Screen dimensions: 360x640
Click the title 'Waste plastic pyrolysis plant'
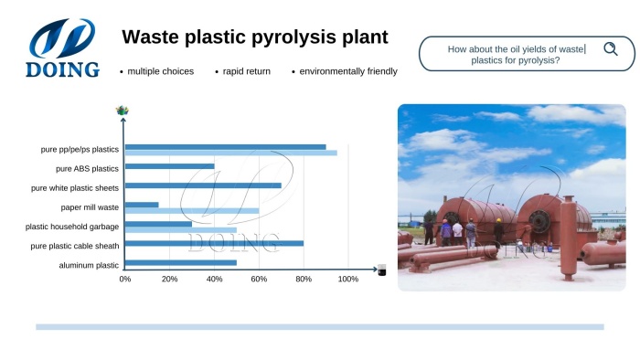click(x=255, y=37)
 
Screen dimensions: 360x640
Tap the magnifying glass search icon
click(x=610, y=49)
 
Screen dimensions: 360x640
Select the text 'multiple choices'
click(x=160, y=71)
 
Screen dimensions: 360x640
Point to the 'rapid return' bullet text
click(x=246, y=71)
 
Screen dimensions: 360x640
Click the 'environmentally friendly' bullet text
click(x=347, y=71)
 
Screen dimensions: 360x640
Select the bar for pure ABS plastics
click(x=170, y=167)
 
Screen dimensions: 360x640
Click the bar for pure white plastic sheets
click(x=203, y=185)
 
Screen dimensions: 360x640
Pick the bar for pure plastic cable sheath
click(x=214, y=244)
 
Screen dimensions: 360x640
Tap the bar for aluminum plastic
click(x=181, y=263)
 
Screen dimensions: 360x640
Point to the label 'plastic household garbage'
click(x=72, y=226)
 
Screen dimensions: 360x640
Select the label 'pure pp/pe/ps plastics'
click(x=80, y=148)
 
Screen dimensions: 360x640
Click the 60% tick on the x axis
click(x=259, y=279)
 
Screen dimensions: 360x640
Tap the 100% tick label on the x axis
click(x=348, y=279)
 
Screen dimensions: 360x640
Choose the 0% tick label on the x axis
click(x=125, y=279)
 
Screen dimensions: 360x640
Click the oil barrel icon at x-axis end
click(x=381, y=270)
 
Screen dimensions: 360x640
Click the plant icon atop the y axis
click(x=123, y=111)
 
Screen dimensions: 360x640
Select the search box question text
click(x=516, y=54)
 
